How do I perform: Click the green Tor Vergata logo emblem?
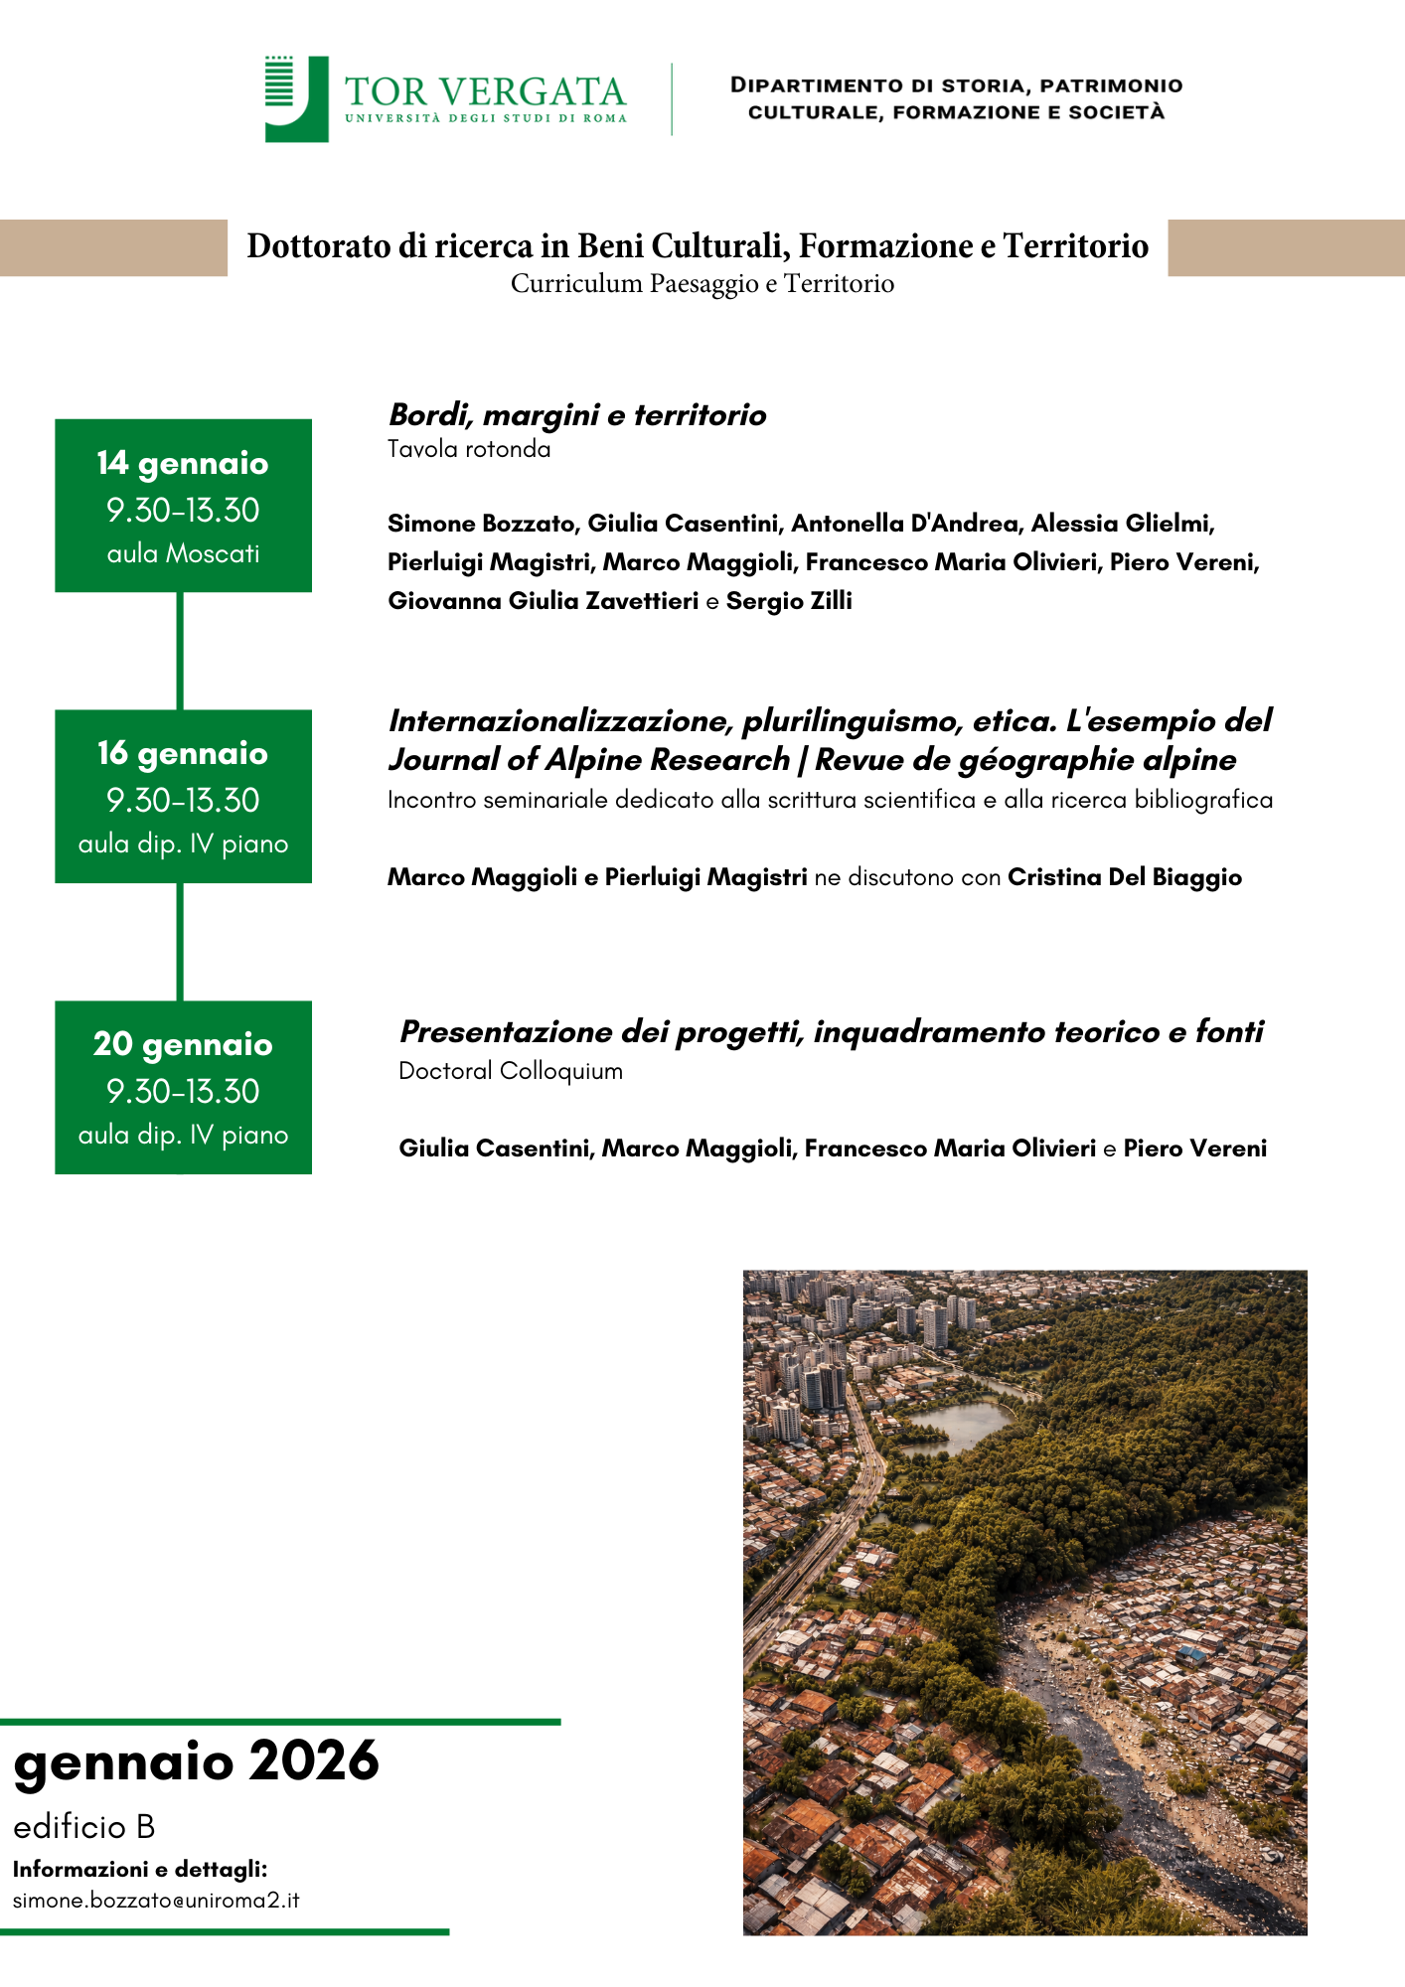point(296,98)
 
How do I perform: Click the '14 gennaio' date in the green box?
point(183,463)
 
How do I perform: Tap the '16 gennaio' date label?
point(183,753)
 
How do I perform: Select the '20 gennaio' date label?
point(183,1044)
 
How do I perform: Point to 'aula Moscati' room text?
point(183,553)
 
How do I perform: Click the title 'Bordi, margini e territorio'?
point(577,414)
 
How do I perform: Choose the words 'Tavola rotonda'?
point(469,449)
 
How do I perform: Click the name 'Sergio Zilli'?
point(789,601)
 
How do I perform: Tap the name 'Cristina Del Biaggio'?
point(1125,877)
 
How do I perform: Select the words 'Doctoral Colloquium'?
point(511,1071)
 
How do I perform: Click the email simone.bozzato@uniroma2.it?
point(156,1901)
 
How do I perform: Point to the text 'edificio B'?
point(84,1827)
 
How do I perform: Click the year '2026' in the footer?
point(314,1761)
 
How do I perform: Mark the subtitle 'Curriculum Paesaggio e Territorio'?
point(702,284)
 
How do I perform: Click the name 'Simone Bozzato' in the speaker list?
point(481,524)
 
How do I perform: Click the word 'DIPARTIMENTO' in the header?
point(817,85)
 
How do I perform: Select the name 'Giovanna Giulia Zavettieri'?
point(544,601)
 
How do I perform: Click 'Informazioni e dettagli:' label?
point(140,1869)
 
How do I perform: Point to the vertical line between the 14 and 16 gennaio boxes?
point(180,651)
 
